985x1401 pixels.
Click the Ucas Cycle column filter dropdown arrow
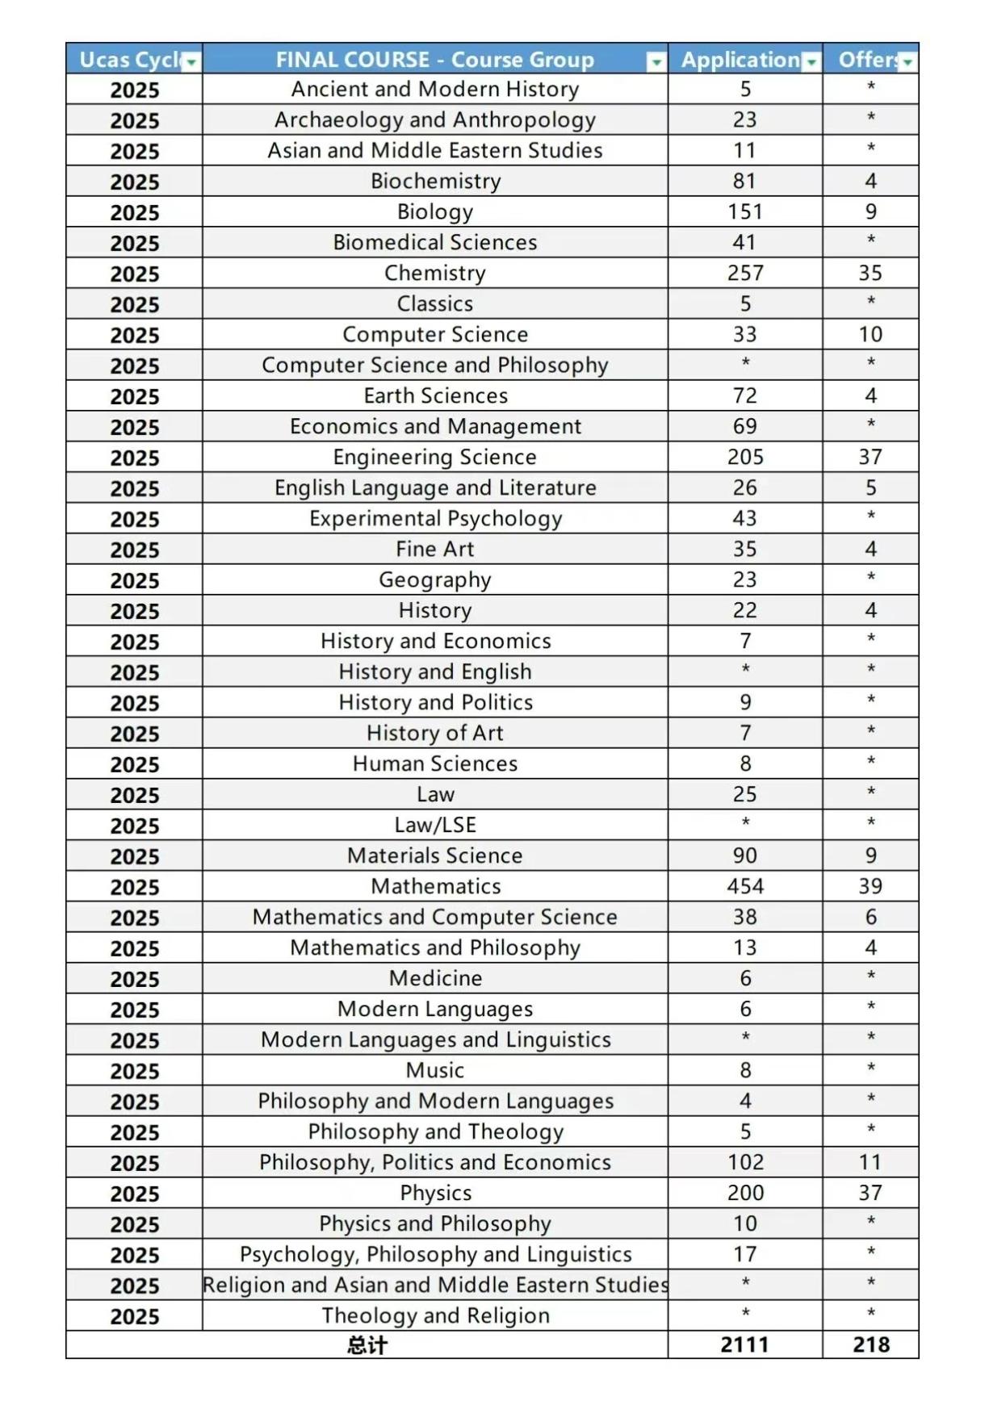(191, 62)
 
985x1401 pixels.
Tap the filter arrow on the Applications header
(811, 62)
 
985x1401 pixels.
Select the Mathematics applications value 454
(744, 886)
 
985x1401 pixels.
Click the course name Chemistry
(434, 273)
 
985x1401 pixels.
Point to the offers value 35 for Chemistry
(870, 273)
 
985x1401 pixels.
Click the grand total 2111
(744, 1345)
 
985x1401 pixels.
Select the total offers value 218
(870, 1345)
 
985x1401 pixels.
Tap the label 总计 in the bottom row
(367, 1345)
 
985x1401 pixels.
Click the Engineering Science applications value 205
(744, 457)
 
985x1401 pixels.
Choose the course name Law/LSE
(434, 825)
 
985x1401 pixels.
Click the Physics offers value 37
(870, 1193)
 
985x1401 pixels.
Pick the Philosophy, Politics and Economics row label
(434, 1162)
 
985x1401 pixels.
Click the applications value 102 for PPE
(744, 1162)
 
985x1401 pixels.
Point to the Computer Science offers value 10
(870, 334)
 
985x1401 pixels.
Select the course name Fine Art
(434, 549)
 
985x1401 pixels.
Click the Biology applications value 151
(744, 211)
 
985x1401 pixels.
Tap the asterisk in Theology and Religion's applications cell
(744, 1314)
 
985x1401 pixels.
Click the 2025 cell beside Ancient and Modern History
(134, 90)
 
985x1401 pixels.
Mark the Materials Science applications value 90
(744, 855)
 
